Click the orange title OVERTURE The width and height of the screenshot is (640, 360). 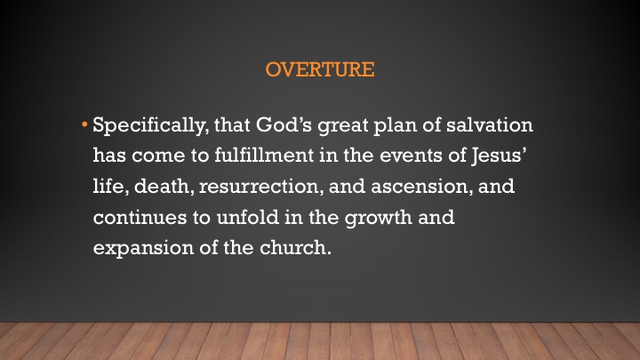[320, 69]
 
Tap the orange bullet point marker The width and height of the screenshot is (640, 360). [84, 124]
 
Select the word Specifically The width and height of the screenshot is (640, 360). [150, 126]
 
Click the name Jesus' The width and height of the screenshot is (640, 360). [499, 156]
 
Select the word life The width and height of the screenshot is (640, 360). [110, 187]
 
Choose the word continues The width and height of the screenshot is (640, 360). [140, 218]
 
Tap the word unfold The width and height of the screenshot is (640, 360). [248, 217]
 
